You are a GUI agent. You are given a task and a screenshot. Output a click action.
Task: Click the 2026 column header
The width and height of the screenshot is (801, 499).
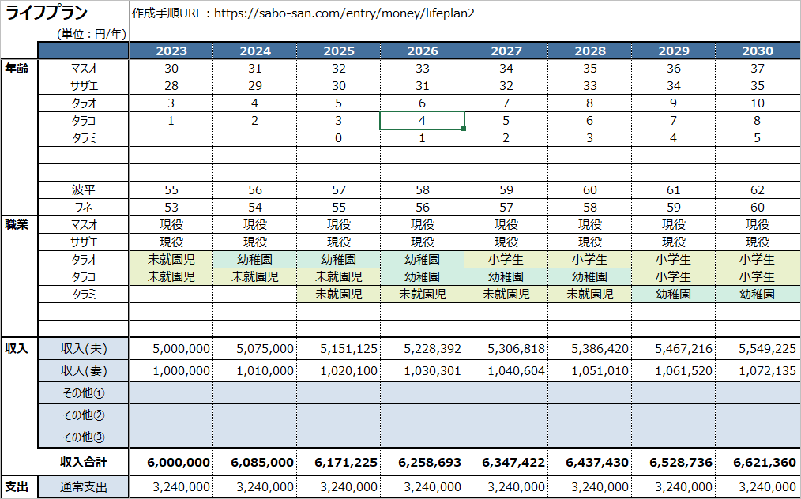(422, 51)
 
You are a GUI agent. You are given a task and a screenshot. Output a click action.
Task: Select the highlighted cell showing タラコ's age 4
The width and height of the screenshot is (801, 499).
(422, 121)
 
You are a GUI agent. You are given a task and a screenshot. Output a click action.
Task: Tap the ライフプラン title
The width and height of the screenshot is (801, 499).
(47, 13)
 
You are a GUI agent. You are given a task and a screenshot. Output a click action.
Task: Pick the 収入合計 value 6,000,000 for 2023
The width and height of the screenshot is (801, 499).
(179, 462)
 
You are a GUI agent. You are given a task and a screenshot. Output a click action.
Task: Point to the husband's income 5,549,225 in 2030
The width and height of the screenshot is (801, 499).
(767, 349)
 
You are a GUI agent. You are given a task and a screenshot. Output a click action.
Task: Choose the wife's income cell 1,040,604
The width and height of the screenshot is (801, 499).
(516, 371)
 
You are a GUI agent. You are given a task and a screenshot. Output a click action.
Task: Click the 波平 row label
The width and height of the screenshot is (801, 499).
(84, 190)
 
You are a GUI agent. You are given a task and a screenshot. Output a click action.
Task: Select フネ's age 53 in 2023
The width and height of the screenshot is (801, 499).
(171, 208)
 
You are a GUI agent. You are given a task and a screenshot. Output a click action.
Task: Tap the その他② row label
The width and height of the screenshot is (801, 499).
(84, 415)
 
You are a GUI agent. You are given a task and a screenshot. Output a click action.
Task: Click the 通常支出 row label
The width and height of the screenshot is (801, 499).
(84, 486)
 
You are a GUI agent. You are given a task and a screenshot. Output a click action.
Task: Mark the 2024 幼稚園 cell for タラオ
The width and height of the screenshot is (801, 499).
(255, 260)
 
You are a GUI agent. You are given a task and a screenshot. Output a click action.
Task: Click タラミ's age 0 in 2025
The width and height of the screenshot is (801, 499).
(339, 138)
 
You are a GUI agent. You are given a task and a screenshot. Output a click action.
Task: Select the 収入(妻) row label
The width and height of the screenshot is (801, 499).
(84, 371)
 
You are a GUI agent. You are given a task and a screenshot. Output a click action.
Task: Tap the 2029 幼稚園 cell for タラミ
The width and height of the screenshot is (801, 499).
(673, 295)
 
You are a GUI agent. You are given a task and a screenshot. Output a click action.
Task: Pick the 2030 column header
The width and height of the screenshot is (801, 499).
(758, 51)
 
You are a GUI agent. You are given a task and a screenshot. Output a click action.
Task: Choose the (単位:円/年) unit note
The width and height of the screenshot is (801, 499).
(92, 34)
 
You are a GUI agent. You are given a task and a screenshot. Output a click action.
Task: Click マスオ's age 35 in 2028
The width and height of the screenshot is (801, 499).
(590, 69)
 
